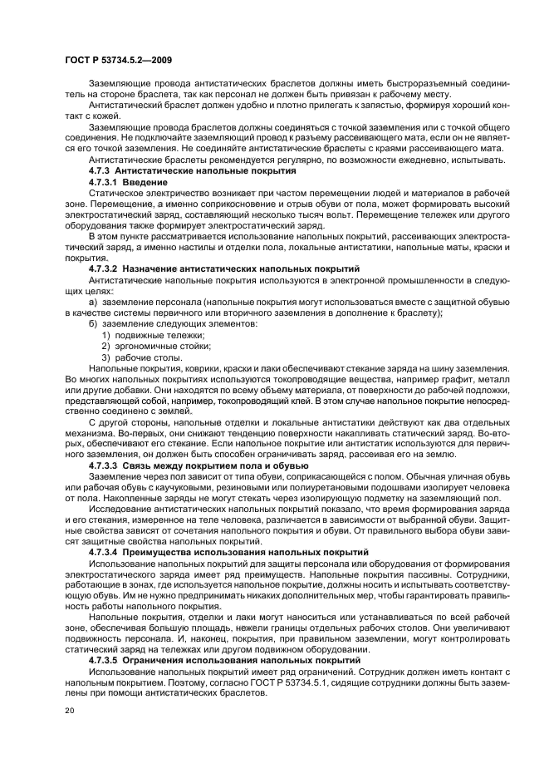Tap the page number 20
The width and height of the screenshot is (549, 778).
[x=68, y=711]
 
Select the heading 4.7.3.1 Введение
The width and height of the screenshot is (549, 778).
[x=128, y=181]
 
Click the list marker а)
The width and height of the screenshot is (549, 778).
[x=93, y=302]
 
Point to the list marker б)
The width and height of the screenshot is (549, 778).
[x=93, y=323]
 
